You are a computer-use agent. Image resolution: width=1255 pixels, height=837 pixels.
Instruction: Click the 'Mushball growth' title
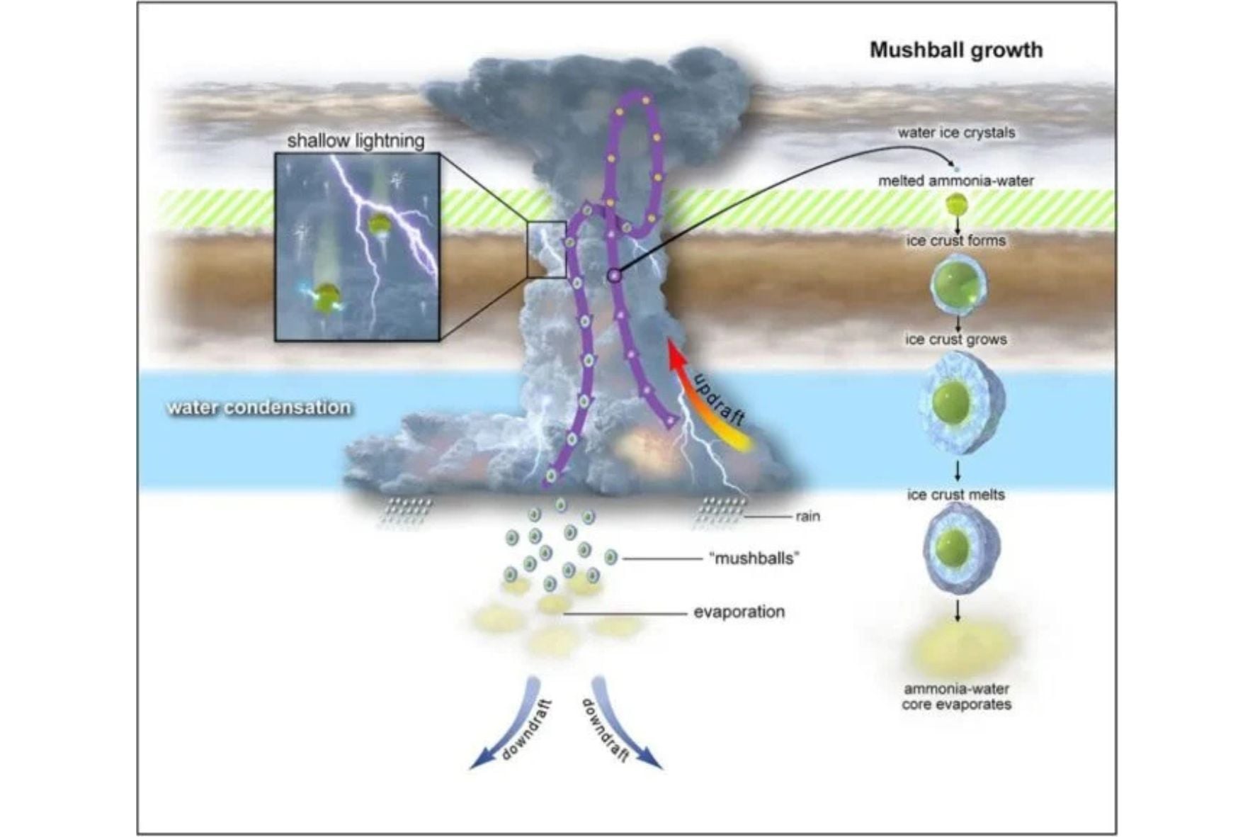955,50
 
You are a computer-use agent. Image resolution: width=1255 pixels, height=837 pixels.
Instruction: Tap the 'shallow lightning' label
356,140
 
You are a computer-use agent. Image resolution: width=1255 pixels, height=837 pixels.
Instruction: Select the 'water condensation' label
259,408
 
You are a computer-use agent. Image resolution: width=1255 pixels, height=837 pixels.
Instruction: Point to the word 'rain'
807,516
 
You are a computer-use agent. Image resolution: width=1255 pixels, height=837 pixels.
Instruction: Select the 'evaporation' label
739,612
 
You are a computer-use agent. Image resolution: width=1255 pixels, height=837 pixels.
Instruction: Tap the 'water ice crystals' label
956,133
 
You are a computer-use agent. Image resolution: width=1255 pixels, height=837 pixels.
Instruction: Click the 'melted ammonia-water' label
956,181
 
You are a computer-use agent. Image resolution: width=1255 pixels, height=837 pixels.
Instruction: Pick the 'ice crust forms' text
956,241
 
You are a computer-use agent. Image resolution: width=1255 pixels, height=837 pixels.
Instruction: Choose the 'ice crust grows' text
956,339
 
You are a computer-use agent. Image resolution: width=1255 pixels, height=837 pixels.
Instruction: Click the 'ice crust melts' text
956,495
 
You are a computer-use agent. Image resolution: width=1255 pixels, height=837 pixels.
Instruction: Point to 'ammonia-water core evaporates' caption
956,697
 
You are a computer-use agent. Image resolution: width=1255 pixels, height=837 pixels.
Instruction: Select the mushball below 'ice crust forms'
958,285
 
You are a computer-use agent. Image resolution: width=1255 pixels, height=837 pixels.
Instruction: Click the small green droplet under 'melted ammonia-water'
957,205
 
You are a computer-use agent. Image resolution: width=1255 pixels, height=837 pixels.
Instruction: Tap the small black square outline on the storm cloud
546,249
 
